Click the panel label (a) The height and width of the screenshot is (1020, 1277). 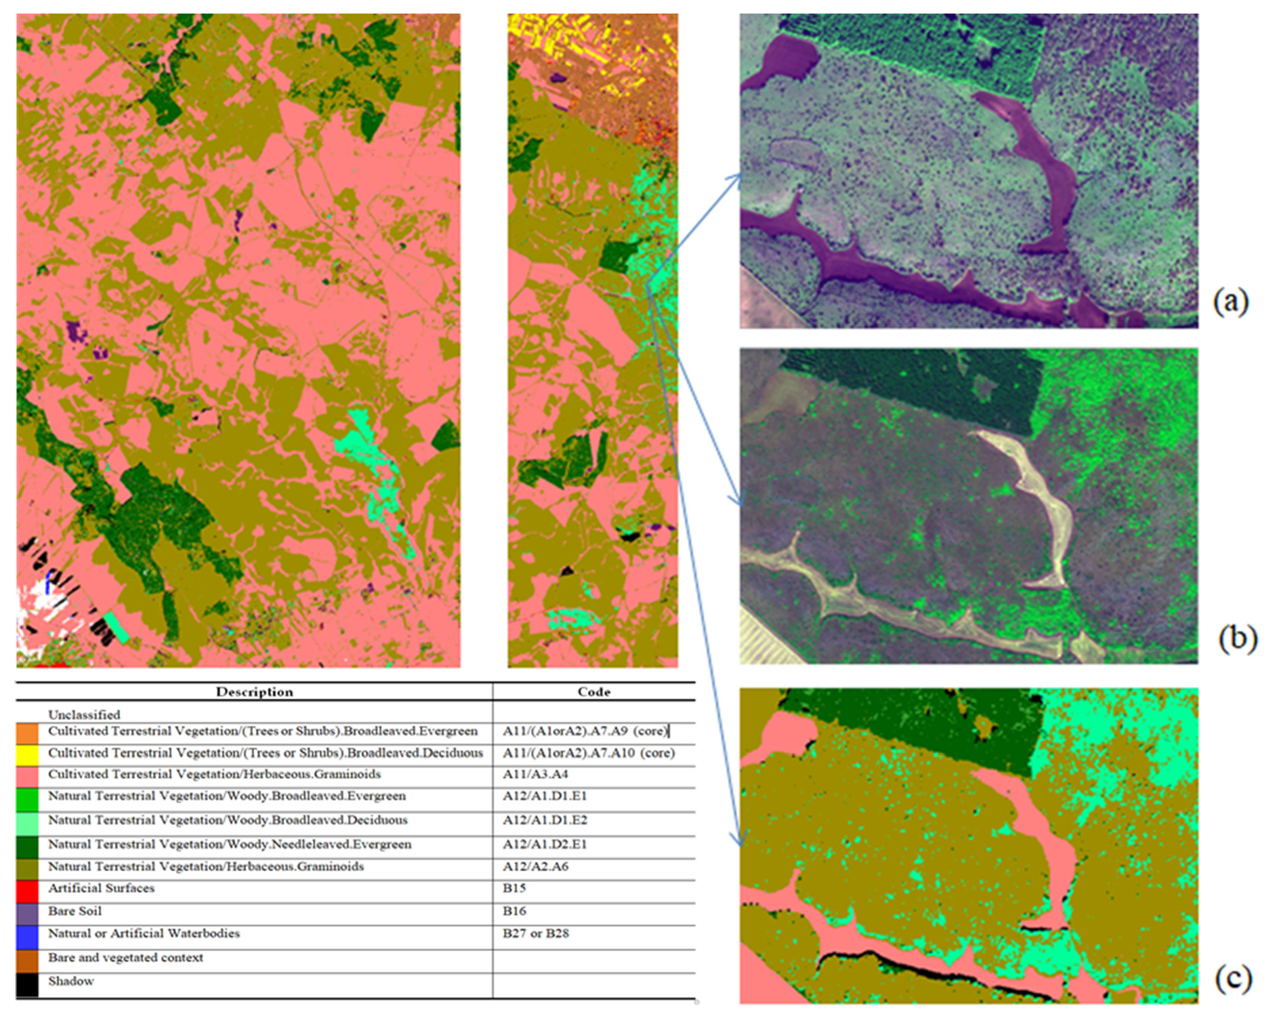(1230, 302)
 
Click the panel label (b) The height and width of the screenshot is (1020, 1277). (1237, 638)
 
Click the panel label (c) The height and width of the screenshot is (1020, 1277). (1233, 978)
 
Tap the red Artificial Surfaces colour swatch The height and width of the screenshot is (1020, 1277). (27, 891)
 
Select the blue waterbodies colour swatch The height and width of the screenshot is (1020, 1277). (27, 937)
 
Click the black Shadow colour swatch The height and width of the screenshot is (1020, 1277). (27, 985)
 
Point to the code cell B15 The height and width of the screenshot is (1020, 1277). (514, 888)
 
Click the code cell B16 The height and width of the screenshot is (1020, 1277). (514, 911)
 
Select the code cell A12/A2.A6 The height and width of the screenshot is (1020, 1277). (535, 866)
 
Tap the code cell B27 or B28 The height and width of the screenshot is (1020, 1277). (535, 933)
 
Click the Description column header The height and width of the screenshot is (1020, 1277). (254, 692)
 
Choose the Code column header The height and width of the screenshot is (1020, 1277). (593, 692)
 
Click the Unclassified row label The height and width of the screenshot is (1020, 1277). (84, 714)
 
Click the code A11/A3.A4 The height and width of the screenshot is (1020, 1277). (535, 774)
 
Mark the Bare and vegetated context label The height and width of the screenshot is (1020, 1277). (125, 958)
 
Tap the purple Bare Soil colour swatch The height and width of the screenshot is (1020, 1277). (27, 914)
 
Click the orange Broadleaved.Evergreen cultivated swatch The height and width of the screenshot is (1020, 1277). (27, 733)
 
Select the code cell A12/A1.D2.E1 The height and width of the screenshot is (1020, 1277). (545, 844)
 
